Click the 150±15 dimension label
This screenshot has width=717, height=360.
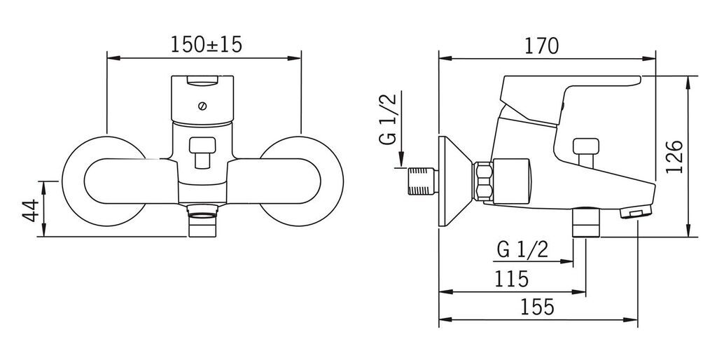click(x=206, y=45)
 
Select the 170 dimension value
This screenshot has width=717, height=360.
click(x=541, y=46)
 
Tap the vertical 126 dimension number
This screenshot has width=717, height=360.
click(x=674, y=157)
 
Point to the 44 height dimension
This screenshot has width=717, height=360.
click(x=31, y=210)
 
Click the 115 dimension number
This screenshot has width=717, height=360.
click(x=511, y=279)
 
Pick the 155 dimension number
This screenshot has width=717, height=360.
click(x=537, y=307)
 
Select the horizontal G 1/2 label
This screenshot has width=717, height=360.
click(x=522, y=250)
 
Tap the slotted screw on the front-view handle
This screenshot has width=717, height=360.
click(x=202, y=106)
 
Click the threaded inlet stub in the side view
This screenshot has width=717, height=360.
click(x=422, y=181)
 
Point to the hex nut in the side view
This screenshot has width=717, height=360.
click(x=484, y=181)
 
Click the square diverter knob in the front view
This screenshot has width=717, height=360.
click(x=202, y=153)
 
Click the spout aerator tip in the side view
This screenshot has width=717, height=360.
click(x=636, y=212)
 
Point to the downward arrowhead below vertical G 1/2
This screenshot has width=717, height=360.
click(x=401, y=161)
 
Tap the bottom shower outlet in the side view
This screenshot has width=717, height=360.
click(x=586, y=222)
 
